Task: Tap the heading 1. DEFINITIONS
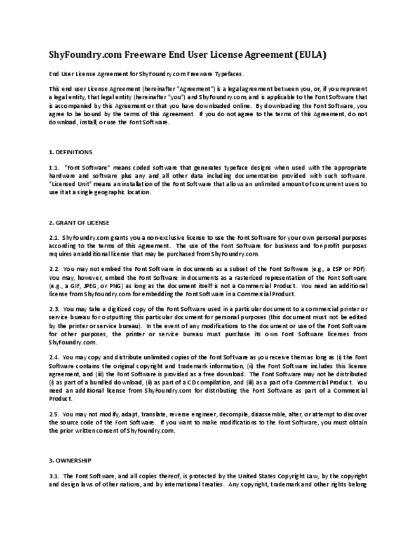click(70, 152)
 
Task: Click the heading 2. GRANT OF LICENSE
click(79, 223)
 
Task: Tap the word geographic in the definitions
click(109, 192)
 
